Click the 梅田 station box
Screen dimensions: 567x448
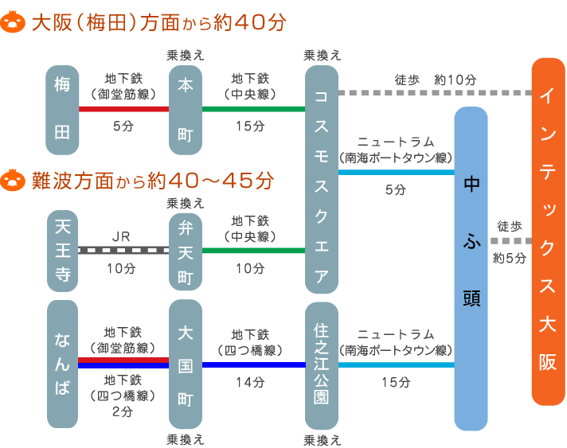[x=62, y=110]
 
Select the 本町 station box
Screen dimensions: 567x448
[x=186, y=110]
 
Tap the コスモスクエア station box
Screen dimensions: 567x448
[x=322, y=180]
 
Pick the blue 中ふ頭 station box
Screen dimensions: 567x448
[x=471, y=269]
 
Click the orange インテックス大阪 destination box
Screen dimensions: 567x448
[x=548, y=232]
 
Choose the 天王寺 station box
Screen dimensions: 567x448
[x=63, y=251]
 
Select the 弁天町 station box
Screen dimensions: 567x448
[x=186, y=251]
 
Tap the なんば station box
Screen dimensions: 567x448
[x=63, y=364]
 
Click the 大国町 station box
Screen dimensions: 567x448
[x=186, y=364]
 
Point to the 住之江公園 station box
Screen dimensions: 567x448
[x=322, y=365]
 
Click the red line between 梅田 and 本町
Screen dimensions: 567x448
[x=123, y=109]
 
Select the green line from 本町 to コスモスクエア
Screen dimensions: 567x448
[x=253, y=109]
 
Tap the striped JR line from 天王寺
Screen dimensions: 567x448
[x=123, y=250]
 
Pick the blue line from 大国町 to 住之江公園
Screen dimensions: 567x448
[x=253, y=365]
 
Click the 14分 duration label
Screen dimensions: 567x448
[x=250, y=382]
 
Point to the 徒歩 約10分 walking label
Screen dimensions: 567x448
[x=435, y=80]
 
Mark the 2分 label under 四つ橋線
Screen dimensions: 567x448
[x=123, y=411]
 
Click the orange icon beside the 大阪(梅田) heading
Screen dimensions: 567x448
[x=13, y=22]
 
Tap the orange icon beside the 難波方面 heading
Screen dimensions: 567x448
[x=13, y=180]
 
